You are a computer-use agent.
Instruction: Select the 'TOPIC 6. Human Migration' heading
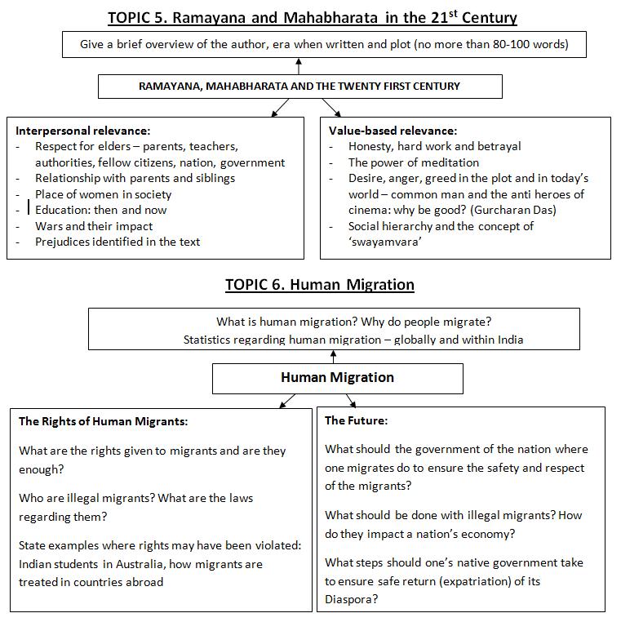point(320,285)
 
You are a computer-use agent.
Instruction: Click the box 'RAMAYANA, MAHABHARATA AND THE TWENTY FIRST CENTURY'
point(299,86)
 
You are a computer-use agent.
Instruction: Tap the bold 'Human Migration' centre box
point(337,377)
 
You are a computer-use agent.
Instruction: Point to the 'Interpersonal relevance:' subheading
point(83,131)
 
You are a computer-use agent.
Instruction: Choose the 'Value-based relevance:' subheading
point(393,131)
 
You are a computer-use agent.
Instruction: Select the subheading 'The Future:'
point(356,421)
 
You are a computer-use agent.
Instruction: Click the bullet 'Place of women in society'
point(103,194)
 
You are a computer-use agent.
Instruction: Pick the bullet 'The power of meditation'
point(414,162)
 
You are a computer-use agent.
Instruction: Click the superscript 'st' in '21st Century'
point(442,13)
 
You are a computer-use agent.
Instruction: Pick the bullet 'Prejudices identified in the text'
point(117,242)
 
